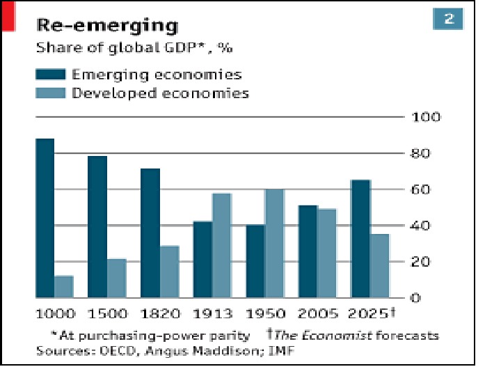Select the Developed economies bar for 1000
click(64, 286)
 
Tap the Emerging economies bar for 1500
click(97, 227)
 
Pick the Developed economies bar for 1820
click(169, 272)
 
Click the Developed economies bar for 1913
click(221, 245)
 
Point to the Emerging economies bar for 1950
click(255, 261)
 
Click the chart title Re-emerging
click(106, 26)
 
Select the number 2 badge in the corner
click(449, 19)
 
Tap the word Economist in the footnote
click(335, 336)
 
